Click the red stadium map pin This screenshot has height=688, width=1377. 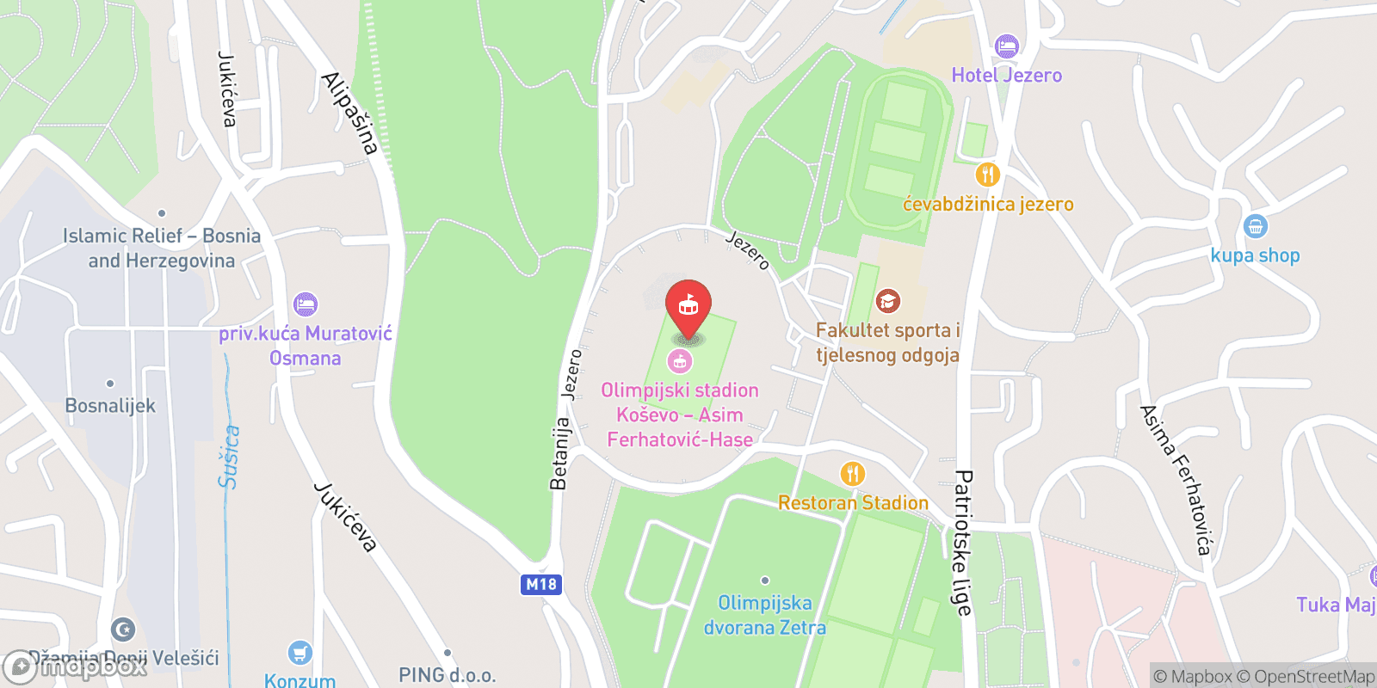(688, 306)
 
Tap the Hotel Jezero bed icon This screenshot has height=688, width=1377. (1006, 46)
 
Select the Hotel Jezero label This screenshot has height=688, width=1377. (1006, 76)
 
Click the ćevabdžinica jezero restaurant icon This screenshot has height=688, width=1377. (987, 175)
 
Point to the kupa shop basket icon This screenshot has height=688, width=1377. (1256, 227)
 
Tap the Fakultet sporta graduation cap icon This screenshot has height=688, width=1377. (887, 301)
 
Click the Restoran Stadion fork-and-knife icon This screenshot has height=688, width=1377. (852, 474)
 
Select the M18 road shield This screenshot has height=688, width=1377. (541, 585)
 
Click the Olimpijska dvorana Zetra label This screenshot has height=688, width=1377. (765, 616)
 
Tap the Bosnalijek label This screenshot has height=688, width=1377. (110, 406)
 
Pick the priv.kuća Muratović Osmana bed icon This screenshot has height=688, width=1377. (306, 304)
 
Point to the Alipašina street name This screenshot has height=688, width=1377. (350, 113)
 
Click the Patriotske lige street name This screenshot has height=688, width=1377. (962, 542)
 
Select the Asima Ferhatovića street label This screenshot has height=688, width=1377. (1176, 479)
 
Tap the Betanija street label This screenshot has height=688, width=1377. (559, 453)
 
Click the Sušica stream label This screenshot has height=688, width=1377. (229, 457)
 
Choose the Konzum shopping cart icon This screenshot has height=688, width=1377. (299, 654)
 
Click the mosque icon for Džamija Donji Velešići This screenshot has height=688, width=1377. (124, 630)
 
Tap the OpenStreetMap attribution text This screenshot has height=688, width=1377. (1314, 677)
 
